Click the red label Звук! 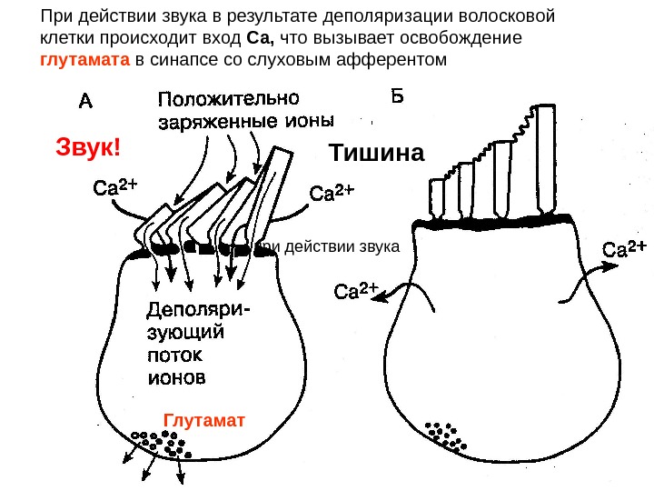pos(88,146)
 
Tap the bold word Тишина pos(376,153)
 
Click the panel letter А pos(84,101)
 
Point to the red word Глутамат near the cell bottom pos(204,420)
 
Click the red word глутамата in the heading pos(85,61)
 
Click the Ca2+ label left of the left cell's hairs pos(115,188)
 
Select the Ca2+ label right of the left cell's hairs pos(332,193)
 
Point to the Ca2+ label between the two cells pos(356,291)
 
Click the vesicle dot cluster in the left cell pos(161,443)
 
